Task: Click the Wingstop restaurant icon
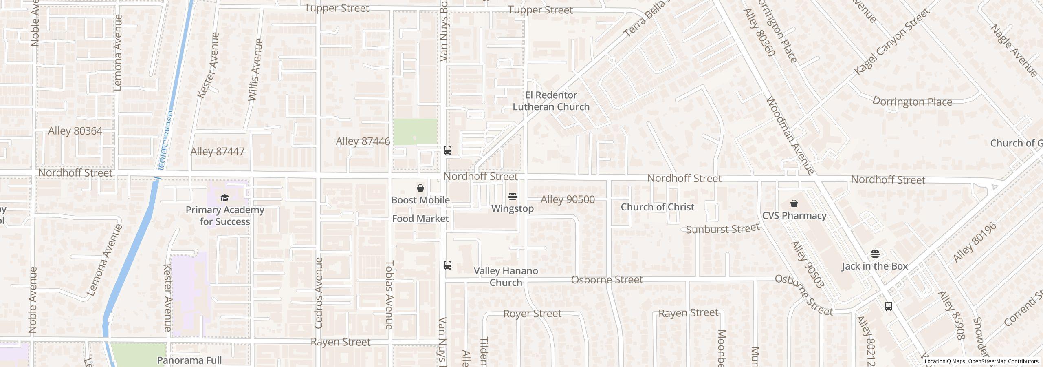[x=513, y=197]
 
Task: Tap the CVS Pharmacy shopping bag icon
[x=794, y=203]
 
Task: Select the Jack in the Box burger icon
[x=875, y=254]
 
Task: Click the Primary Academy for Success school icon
[x=224, y=198]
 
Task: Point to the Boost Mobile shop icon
[x=420, y=188]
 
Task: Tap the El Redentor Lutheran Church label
[x=551, y=101]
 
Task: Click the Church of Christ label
[x=657, y=207]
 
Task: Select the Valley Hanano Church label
[x=506, y=276]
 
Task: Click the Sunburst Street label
[x=723, y=229]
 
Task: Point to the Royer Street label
[x=532, y=314]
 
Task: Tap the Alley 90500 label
[x=567, y=199]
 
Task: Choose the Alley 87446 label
[x=363, y=141]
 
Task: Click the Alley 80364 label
[x=75, y=131]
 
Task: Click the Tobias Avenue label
[x=389, y=295]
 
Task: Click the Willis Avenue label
[x=254, y=70]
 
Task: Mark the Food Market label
[x=420, y=219]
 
